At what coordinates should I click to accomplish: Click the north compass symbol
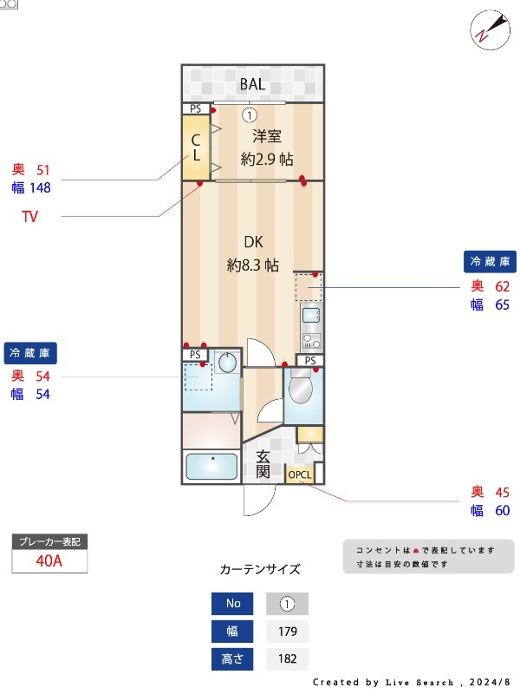[487, 28]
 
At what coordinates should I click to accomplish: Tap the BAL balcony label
[252, 84]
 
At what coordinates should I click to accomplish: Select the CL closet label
[196, 147]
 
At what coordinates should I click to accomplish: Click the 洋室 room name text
[267, 136]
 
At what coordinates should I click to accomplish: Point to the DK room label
[253, 243]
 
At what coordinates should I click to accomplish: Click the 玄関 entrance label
[263, 464]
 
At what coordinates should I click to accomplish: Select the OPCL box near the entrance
[300, 475]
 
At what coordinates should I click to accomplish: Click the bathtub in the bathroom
[211, 467]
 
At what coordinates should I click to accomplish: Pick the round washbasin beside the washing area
[228, 363]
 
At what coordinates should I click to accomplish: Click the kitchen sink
[311, 314]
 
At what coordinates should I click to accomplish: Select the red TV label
[30, 217]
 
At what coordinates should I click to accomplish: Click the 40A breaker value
[49, 560]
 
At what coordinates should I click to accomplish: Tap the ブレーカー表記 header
[49, 541]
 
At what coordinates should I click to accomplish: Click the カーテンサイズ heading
[260, 570]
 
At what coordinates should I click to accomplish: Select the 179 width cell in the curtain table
[287, 632]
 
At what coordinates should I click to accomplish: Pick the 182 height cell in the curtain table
[287, 659]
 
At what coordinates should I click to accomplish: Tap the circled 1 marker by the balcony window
[249, 115]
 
